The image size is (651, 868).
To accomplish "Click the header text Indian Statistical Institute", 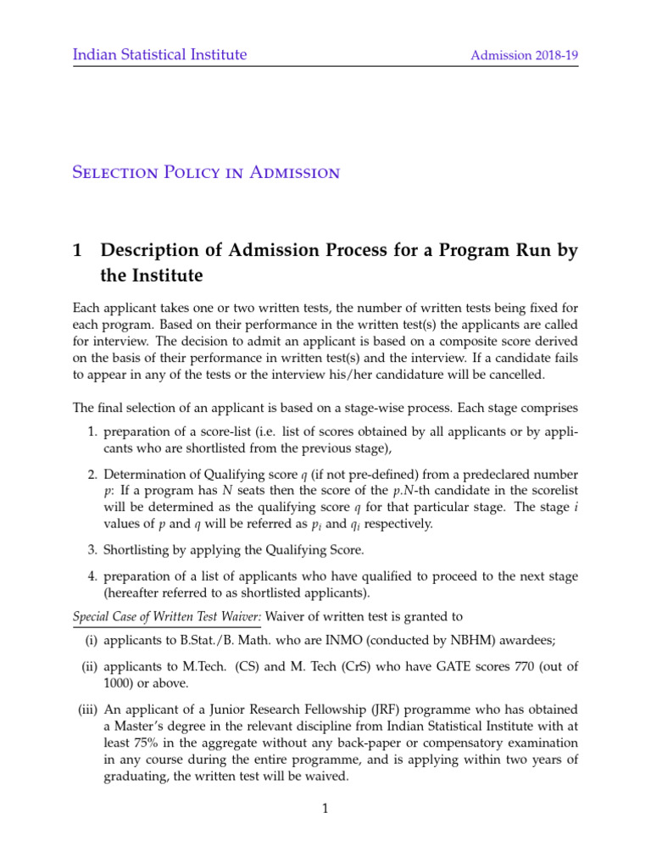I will [159, 55].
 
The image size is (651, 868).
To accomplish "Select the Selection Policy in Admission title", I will [206, 173].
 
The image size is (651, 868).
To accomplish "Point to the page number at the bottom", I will [325, 810].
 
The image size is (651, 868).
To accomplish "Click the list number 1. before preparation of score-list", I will [93, 433].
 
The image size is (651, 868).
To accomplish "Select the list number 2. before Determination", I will [93, 473].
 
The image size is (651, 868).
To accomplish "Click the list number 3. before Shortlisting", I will [93, 550].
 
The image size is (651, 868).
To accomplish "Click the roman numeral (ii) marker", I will [87, 667].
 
